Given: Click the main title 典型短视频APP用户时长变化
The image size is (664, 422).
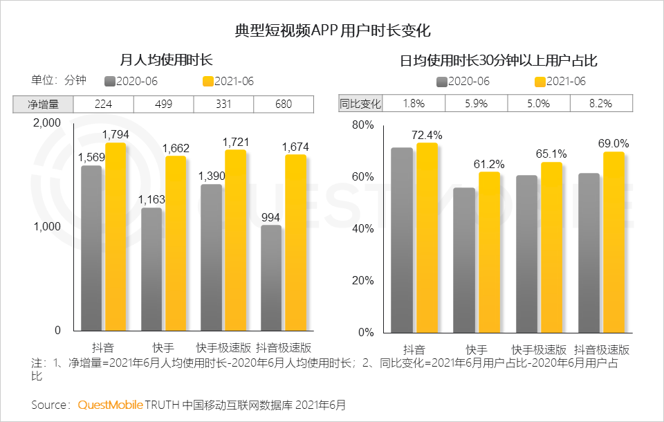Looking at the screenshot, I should [x=333, y=31].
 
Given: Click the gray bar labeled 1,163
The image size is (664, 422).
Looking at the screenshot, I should [x=151, y=269].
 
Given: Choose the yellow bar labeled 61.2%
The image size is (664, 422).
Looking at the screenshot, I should [x=489, y=252].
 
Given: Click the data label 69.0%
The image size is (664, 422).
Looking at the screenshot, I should [x=614, y=144].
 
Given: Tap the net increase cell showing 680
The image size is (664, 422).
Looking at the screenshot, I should [x=284, y=104].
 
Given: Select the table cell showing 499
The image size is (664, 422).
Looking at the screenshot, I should [x=163, y=104].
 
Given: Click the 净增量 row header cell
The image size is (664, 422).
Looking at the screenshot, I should [x=43, y=104].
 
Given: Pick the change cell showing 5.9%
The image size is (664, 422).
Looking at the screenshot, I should [x=476, y=104].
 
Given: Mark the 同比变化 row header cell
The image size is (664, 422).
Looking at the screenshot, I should [x=360, y=104].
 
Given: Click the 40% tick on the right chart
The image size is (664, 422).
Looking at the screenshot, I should [x=363, y=229].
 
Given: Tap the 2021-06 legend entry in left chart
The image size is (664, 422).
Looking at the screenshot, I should [x=228, y=81].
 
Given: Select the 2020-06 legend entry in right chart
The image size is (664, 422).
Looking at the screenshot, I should [x=463, y=81].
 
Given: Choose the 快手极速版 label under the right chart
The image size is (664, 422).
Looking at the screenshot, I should [x=539, y=349].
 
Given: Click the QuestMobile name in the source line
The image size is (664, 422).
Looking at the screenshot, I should [x=111, y=404].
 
